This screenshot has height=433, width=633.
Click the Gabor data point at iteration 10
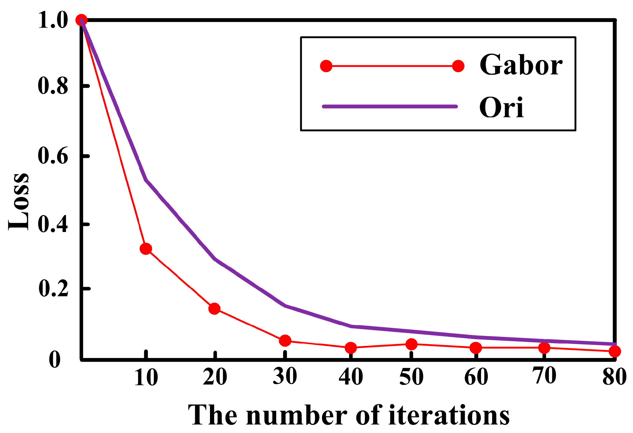pyautogui.click(x=146, y=249)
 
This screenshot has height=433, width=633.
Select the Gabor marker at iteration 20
pyautogui.click(x=214, y=308)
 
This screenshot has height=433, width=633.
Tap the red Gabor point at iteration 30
pyautogui.click(x=285, y=340)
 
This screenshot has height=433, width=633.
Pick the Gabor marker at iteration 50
pyautogui.click(x=411, y=344)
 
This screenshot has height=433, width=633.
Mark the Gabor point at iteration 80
pyautogui.click(x=615, y=351)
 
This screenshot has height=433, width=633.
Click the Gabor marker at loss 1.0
pyautogui.click(x=81, y=20)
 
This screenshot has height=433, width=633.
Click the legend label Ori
pyautogui.click(x=501, y=108)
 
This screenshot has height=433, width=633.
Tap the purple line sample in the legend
pyautogui.click(x=390, y=106)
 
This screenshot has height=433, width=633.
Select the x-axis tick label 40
pyautogui.click(x=351, y=377)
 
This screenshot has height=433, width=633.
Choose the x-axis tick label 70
pyautogui.click(x=544, y=376)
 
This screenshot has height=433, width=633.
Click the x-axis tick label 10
pyautogui.click(x=146, y=377)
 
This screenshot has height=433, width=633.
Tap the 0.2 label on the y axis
pyautogui.click(x=53, y=289)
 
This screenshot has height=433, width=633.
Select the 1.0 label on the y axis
pyautogui.click(x=53, y=21)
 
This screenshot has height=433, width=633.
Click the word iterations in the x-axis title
pyautogui.click(x=449, y=415)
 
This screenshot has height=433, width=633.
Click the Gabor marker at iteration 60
pyautogui.click(x=476, y=348)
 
